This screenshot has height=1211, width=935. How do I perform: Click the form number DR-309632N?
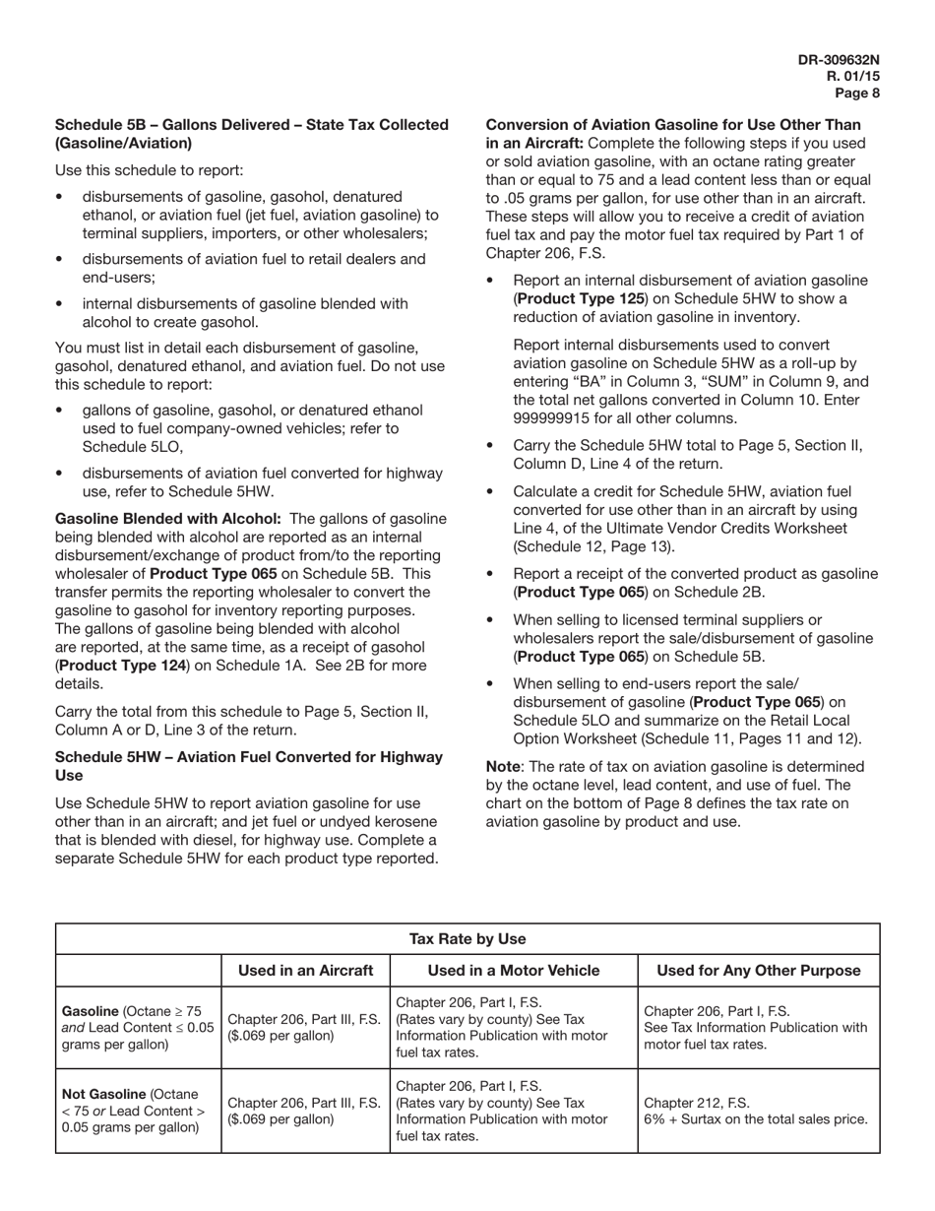[839, 60]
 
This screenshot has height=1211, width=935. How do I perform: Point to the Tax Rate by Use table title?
[467, 939]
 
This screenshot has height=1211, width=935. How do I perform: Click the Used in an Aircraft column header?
[305, 971]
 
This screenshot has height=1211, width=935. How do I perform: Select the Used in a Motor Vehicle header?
[513, 971]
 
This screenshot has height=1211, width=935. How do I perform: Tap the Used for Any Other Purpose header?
[758, 971]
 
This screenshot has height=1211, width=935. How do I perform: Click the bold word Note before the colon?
[503, 766]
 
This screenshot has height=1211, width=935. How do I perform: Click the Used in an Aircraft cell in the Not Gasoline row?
[304, 1111]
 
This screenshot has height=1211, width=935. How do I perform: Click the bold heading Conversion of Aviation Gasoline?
[673, 125]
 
